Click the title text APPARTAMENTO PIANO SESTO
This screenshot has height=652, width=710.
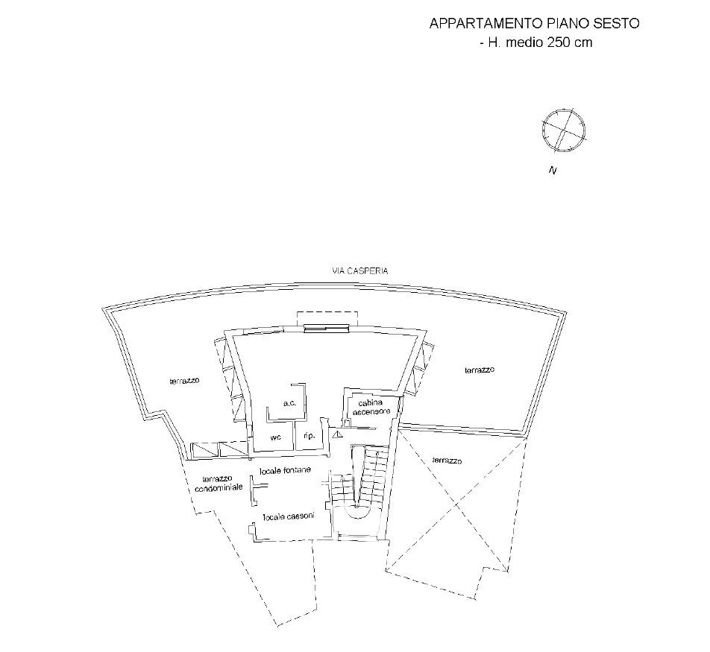coord(534,24)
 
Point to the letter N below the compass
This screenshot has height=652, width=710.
coord(553,171)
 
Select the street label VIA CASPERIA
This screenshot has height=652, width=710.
coord(360,271)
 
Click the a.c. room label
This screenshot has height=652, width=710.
coord(290,403)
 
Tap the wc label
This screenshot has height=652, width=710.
coord(275,437)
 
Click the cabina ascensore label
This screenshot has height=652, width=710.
coord(371,407)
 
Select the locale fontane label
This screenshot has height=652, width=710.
coord(285,470)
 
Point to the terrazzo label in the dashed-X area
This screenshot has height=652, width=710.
coord(447,461)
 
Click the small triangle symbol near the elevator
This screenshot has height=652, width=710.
coord(337,431)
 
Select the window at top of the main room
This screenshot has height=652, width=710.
coord(326,326)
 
